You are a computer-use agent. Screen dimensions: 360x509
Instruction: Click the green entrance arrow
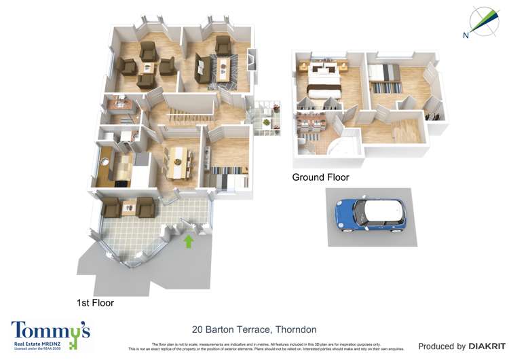[189, 240]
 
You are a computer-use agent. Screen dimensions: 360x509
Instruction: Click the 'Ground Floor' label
[320, 177]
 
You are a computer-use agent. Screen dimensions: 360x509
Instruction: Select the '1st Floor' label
[95, 303]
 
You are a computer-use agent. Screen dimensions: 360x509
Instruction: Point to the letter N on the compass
[466, 35]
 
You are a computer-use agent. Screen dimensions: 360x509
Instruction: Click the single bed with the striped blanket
[385, 75]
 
